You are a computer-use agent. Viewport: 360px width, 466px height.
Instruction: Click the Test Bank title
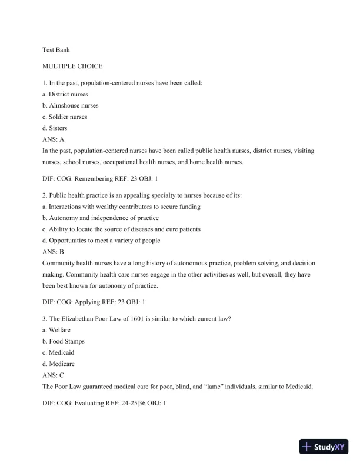point(56,50)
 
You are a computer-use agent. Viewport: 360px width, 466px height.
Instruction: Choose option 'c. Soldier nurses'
point(65,116)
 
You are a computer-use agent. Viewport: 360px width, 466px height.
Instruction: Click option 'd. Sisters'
point(55,128)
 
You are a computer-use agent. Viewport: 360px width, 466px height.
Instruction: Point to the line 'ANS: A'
point(54,139)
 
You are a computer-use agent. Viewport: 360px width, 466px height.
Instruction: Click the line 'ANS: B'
point(54,251)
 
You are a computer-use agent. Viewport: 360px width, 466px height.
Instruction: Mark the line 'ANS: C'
point(54,375)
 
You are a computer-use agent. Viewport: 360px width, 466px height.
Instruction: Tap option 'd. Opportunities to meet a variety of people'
point(101,240)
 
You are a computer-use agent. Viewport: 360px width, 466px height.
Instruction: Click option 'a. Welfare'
point(56,330)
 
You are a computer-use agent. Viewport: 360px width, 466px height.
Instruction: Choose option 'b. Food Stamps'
point(64,341)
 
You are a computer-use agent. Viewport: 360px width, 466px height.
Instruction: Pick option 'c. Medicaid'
point(58,352)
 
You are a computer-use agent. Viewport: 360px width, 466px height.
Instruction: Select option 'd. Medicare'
point(58,364)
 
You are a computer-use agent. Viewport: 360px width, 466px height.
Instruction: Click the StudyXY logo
point(324,447)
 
